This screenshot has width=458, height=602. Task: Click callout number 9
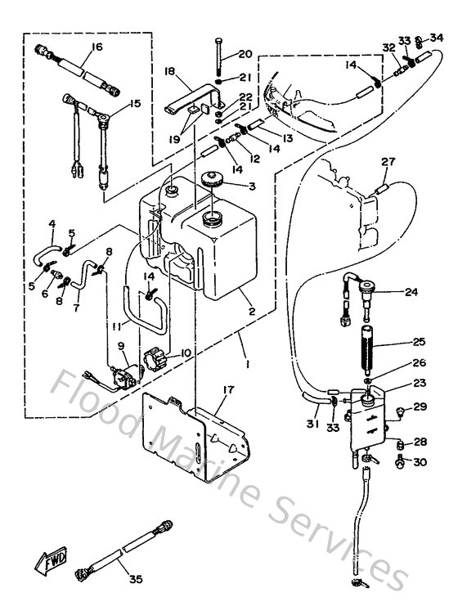click(x=122, y=347)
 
